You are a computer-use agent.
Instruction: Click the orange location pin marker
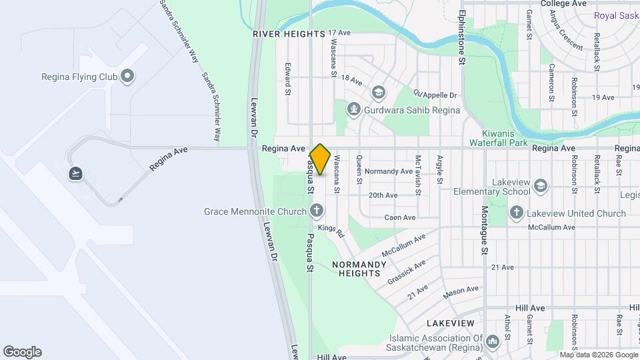coord(320,159)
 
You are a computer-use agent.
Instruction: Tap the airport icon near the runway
coord(76,174)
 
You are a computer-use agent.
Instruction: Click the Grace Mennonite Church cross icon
coord(317,212)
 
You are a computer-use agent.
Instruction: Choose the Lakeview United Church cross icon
coord(516,213)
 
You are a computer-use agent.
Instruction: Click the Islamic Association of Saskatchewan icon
coord(493,341)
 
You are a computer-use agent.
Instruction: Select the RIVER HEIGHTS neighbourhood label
coord(289,33)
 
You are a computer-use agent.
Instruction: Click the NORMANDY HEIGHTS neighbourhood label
coord(359,269)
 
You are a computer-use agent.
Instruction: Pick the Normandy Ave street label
coord(389,171)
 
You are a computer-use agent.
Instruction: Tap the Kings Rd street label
coord(331,231)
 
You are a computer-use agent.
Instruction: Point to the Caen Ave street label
coord(400,217)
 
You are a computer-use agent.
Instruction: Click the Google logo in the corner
coord(22,352)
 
